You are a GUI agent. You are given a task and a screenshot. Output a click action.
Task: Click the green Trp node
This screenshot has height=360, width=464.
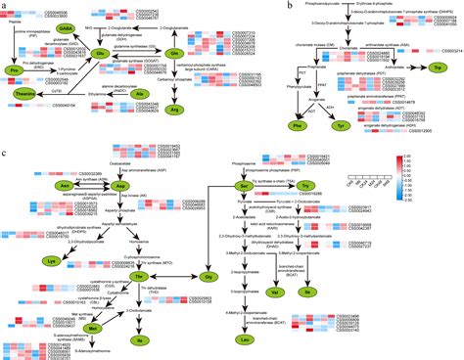coord(433,66)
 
